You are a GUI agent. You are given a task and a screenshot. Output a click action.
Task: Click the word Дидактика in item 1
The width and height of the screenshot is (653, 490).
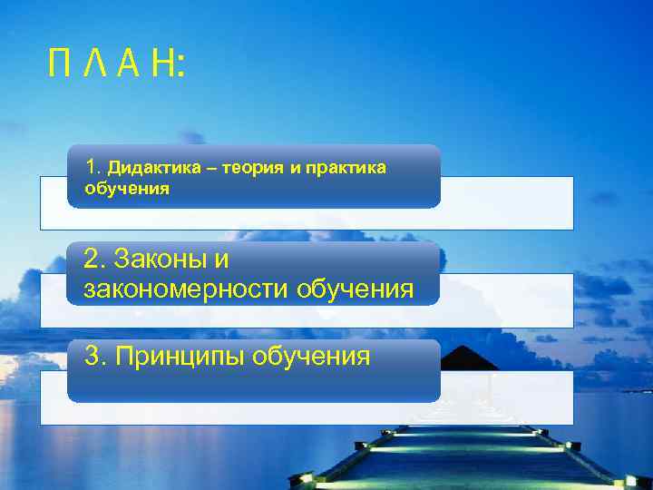[x=149, y=168]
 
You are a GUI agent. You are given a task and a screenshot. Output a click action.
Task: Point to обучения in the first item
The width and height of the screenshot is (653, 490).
[x=127, y=190]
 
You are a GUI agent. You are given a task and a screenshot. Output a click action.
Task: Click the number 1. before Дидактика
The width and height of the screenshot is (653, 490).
[x=92, y=167]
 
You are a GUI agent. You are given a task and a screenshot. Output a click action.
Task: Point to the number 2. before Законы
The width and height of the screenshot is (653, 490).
[x=94, y=260]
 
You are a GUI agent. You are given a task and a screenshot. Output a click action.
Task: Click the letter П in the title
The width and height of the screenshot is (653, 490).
[x=61, y=65]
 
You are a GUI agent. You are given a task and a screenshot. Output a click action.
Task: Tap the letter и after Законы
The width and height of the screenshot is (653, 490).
[x=221, y=260]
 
